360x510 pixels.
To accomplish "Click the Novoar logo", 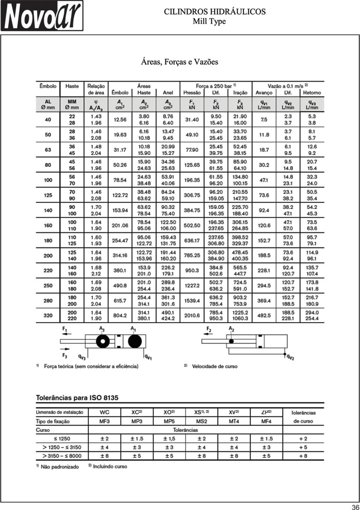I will pyautogui.click(x=42, y=16).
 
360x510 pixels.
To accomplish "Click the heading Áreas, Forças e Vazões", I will pyautogui.click(x=179, y=62).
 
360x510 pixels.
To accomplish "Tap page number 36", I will pyautogui.click(x=355, y=507).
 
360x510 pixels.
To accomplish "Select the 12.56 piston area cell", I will pyautogui.click(x=120, y=119).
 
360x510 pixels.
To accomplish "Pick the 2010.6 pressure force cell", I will pyautogui.click(x=192, y=315).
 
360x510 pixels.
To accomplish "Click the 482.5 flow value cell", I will pyautogui.click(x=264, y=315).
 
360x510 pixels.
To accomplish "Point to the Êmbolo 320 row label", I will pyautogui.click(x=48, y=315).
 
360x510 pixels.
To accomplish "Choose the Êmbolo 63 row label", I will pyautogui.click(x=48, y=150).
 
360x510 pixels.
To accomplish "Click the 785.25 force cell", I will pyautogui.click(x=192, y=255).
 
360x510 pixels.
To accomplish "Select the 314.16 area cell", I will pyautogui.click(x=120, y=255).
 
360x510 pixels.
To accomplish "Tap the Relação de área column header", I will pyautogui.click(x=96, y=89).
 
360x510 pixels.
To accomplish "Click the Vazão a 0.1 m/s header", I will pyautogui.click(x=288, y=86).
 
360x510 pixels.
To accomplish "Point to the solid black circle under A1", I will pyautogui.click(x=135, y=341).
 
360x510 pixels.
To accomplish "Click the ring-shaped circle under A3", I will pyautogui.click(x=102, y=341).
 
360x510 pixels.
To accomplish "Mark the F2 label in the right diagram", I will pyautogui.click(x=208, y=329).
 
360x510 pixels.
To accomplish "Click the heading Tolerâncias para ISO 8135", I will pyautogui.click(x=77, y=397).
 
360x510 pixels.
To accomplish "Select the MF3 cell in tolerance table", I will pyautogui.click(x=104, y=421).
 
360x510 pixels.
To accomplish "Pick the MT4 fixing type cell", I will pyautogui.click(x=234, y=421).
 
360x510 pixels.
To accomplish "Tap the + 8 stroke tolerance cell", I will pyautogui.click(x=303, y=456).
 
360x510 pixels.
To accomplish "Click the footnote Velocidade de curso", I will pyautogui.click(x=214, y=366).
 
